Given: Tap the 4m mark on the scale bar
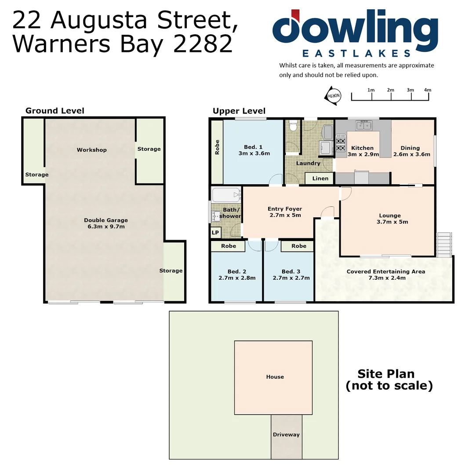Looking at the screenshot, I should [x=427, y=90].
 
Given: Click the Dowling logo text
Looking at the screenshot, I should [x=355, y=29].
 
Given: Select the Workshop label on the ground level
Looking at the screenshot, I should [x=91, y=150].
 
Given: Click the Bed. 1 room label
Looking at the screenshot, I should [x=253, y=147].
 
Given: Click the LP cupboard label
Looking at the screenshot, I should [x=215, y=233].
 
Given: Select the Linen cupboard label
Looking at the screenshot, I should [x=320, y=178].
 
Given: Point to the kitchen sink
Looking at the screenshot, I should [x=364, y=126].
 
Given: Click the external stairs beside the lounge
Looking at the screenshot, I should [x=444, y=244].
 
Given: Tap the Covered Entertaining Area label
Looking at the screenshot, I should [x=385, y=271].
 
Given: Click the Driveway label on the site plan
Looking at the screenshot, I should [x=286, y=435].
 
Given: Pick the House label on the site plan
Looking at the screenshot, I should [x=275, y=377].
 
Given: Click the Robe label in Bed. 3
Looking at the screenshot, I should [x=298, y=246].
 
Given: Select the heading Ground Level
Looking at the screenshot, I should [x=55, y=111].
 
